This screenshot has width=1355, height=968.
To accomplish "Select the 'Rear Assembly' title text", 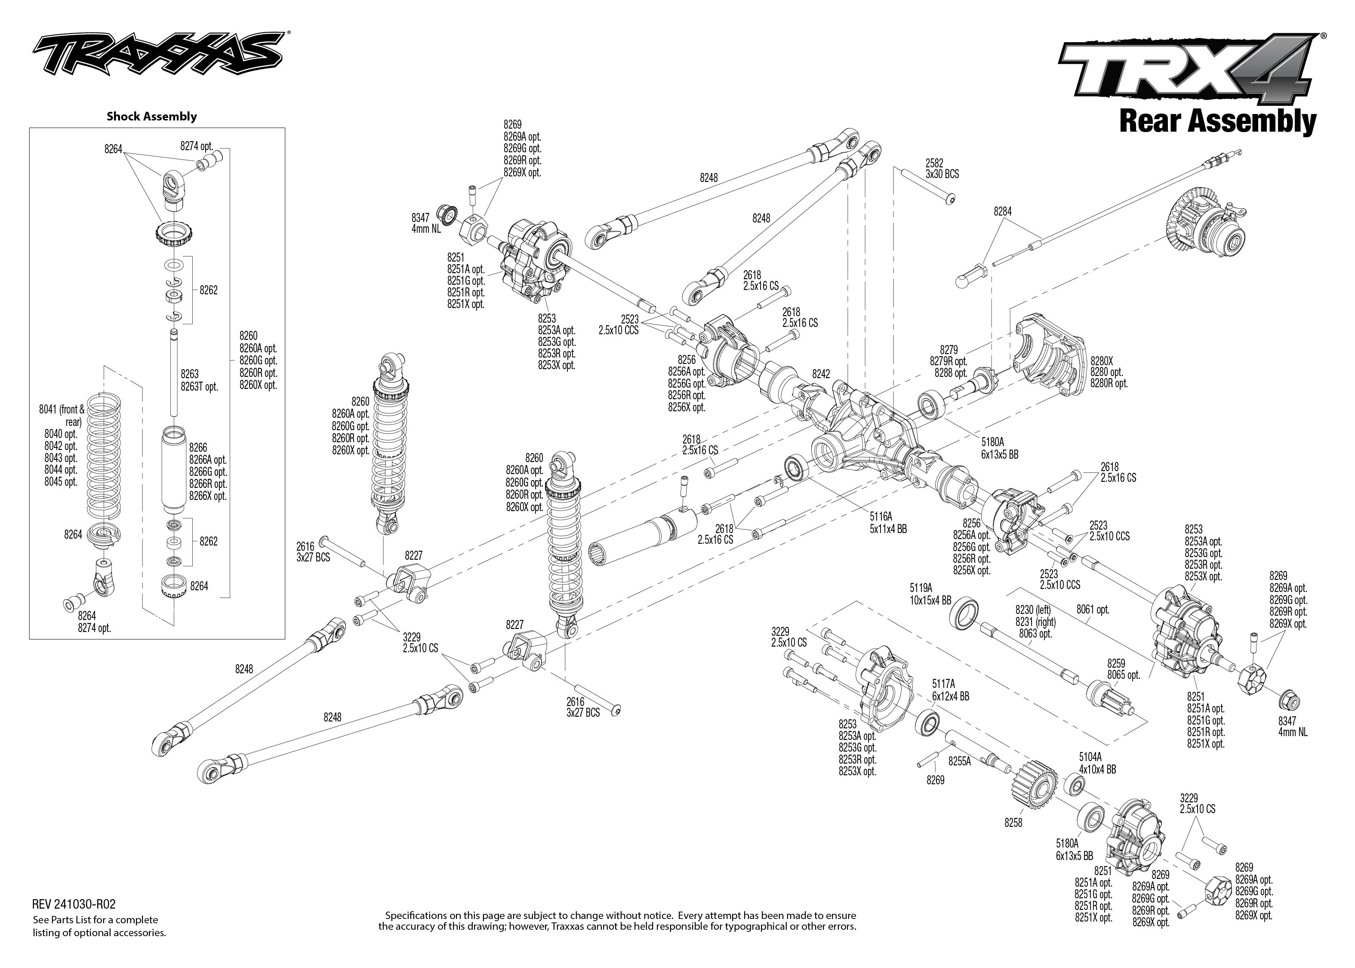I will tap(1217, 122).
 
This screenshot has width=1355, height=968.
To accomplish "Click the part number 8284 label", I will tap(1002, 212).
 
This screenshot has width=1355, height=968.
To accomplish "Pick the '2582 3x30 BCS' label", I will tap(942, 169).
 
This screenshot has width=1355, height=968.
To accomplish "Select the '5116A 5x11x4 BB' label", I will tap(887, 522).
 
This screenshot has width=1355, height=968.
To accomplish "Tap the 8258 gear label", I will tap(1013, 823).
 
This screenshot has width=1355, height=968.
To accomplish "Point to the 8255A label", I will tap(960, 761).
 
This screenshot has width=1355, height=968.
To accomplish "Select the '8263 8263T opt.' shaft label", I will tap(199, 380).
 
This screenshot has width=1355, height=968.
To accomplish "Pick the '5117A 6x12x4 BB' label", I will tap(950, 690).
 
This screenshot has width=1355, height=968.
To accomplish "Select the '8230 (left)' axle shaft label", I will tap(1033, 610).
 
